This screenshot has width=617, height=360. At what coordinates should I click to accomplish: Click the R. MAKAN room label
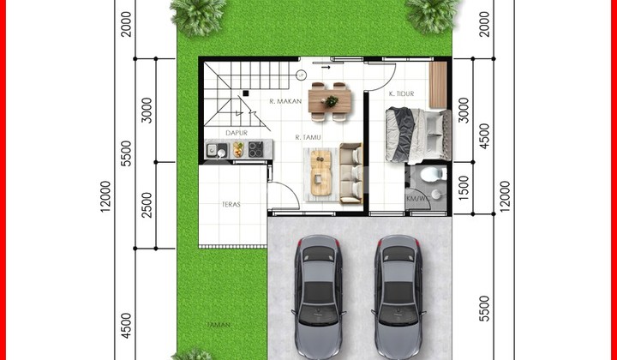click(284, 101)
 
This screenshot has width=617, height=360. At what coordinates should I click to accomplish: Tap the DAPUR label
click(237, 133)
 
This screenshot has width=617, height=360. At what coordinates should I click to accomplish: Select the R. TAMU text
click(308, 137)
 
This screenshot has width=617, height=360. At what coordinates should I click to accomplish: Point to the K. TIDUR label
click(402, 93)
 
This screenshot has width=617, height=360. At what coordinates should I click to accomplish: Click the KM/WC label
click(416, 199)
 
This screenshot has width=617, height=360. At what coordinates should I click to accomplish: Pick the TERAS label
click(229, 204)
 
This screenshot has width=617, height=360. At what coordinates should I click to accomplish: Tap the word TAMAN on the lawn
click(218, 326)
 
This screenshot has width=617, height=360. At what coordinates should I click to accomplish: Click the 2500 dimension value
click(147, 207)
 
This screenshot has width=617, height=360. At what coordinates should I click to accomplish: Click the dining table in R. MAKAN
click(329, 99)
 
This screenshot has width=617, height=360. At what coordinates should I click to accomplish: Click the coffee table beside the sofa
click(321, 171)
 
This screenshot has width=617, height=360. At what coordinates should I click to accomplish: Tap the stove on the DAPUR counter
click(255, 150)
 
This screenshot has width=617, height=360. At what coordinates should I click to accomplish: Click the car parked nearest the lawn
click(319, 295)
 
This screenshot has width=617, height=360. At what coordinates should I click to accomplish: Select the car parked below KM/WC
click(397, 295)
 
